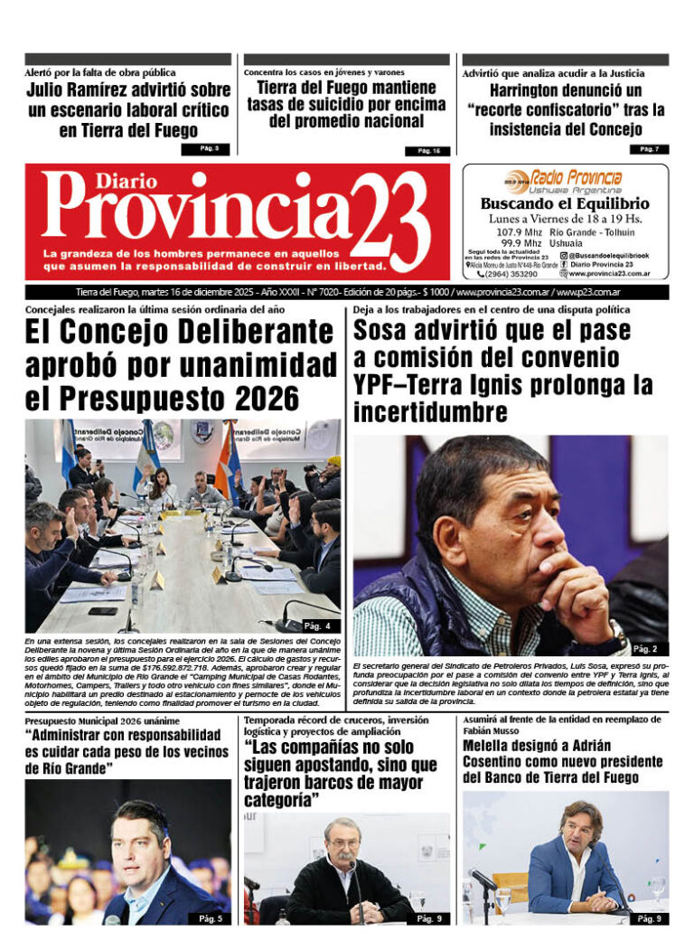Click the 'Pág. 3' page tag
click(x=210, y=148)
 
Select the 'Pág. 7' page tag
click(x=649, y=148)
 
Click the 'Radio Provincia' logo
click(x=564, y=178)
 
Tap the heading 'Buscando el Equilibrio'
click(x=565, y=204)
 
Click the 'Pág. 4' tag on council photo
click(x=322, y=625)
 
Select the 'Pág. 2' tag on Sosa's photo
click(x=645, y=649)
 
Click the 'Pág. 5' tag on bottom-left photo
click(x=210, y=918)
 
